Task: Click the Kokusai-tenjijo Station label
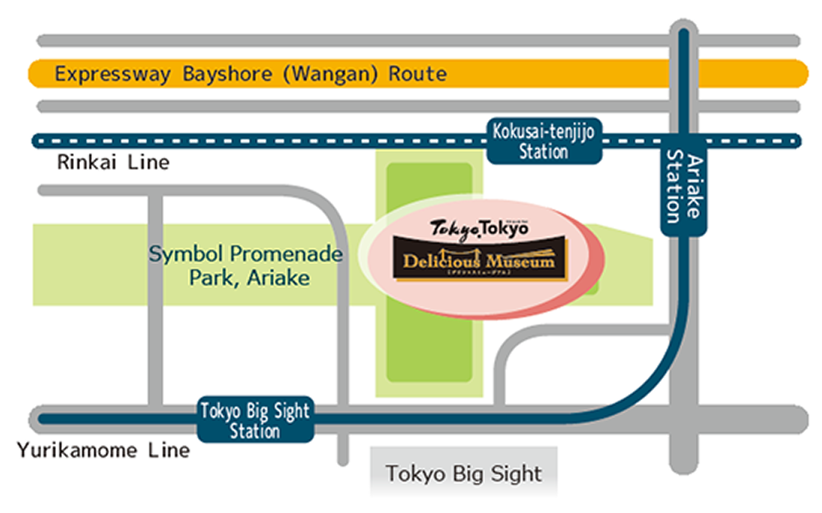pyautogui.click(x=544, y=141)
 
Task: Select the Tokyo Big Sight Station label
pyautogui.click(x=255, y=420)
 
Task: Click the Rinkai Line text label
pyautogui.click(x=114, y=162)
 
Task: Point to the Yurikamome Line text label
pyautogui.click(x=103, y=451)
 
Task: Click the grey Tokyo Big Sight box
pyautogui.click(x=463, y=473)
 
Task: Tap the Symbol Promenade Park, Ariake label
pyautogui.click(x=246, y=265)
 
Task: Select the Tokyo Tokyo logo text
pyautogui.click(x=479, y=228)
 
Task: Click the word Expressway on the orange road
pyautogui.click(x=114, y=74)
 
